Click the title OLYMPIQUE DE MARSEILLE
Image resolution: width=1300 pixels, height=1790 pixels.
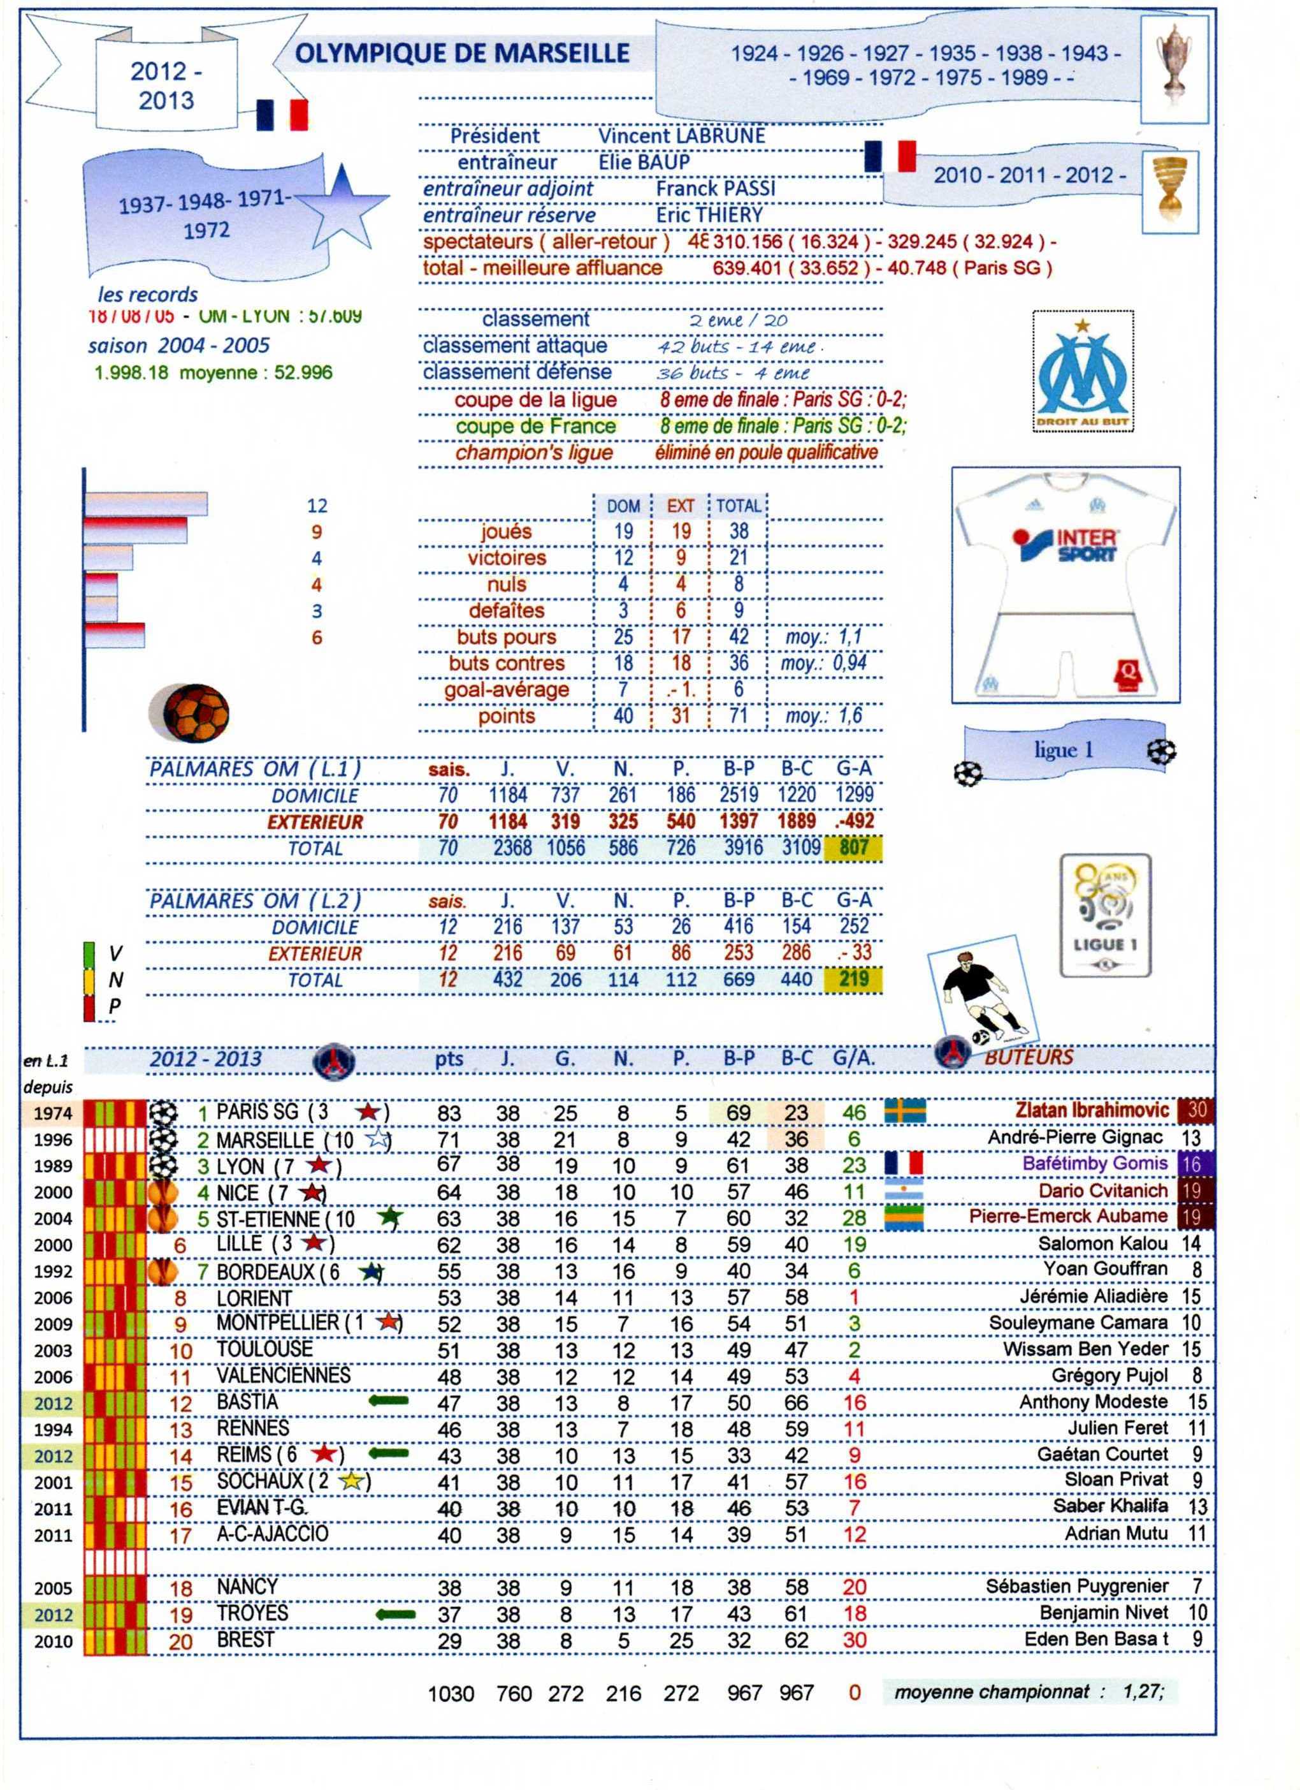pos(461,54)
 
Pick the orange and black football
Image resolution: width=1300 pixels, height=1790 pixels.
pos(189,713)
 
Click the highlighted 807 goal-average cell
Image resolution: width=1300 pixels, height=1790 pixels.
pos(853,848)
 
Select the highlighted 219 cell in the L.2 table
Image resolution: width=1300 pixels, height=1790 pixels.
pos(853,980)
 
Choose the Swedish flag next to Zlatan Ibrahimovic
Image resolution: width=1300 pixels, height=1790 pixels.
pos(905,1111)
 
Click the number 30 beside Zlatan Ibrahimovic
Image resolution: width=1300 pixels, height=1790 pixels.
pos(1196,1110)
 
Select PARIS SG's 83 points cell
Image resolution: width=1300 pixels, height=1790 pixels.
pos(449,1113)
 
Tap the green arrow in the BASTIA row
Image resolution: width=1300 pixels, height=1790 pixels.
pos(388,1401)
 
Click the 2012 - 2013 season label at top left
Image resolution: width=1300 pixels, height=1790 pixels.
pos(166,86)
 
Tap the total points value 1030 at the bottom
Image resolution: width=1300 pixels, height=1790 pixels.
pos(451,1694)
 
